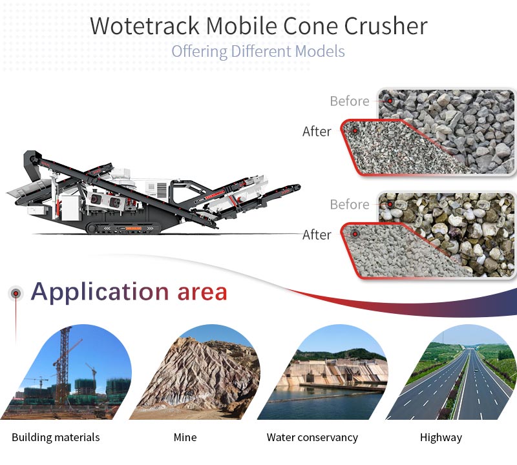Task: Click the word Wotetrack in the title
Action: [145, 26]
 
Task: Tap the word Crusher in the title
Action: [386, 26]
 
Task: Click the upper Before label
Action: [350, 101]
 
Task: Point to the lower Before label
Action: [350, 205]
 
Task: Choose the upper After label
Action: [317, 132]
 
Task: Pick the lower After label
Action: [317, 235]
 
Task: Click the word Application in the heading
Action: [100, 293]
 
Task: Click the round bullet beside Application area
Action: [16, 293]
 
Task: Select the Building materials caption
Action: [56, 437]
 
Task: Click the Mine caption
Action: [185, 437]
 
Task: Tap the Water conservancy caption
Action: [312, 437]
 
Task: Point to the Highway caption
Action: [441, 438]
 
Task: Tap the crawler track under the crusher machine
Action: [123, 228]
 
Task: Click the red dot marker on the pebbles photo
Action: [390, 204]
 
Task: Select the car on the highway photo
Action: [476, 371]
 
